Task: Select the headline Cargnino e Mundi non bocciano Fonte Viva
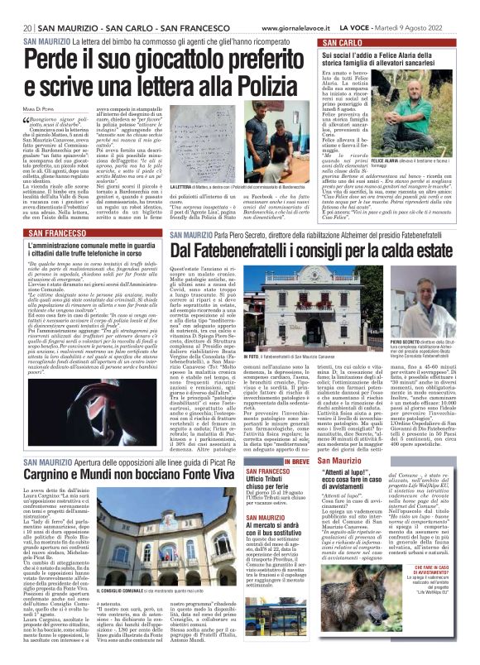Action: tap(109, 476)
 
